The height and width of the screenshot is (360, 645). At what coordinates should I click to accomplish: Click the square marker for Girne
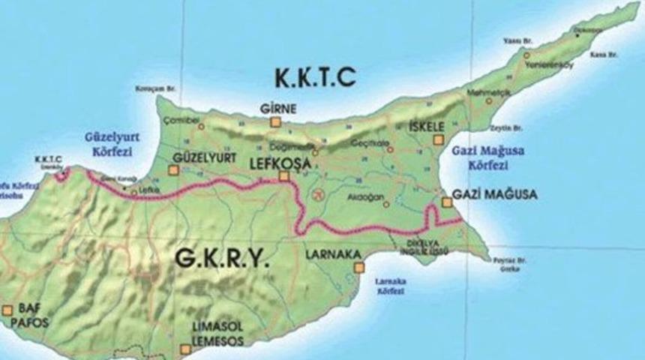click(276, 121)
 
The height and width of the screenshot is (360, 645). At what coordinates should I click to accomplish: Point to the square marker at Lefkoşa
click(284, 177)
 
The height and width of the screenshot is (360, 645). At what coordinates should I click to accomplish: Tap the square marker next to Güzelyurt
click(174, 170)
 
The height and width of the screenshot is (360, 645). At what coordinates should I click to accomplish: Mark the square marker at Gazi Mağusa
click(447, 202)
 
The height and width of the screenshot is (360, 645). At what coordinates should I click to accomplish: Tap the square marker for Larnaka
click(360, 266)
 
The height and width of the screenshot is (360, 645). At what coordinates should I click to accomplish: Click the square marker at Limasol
click(185, 348)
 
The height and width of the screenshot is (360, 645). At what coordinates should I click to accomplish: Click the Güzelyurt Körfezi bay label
click(109, 142)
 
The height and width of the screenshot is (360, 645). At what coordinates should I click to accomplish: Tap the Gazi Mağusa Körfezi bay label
click(488, 157)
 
